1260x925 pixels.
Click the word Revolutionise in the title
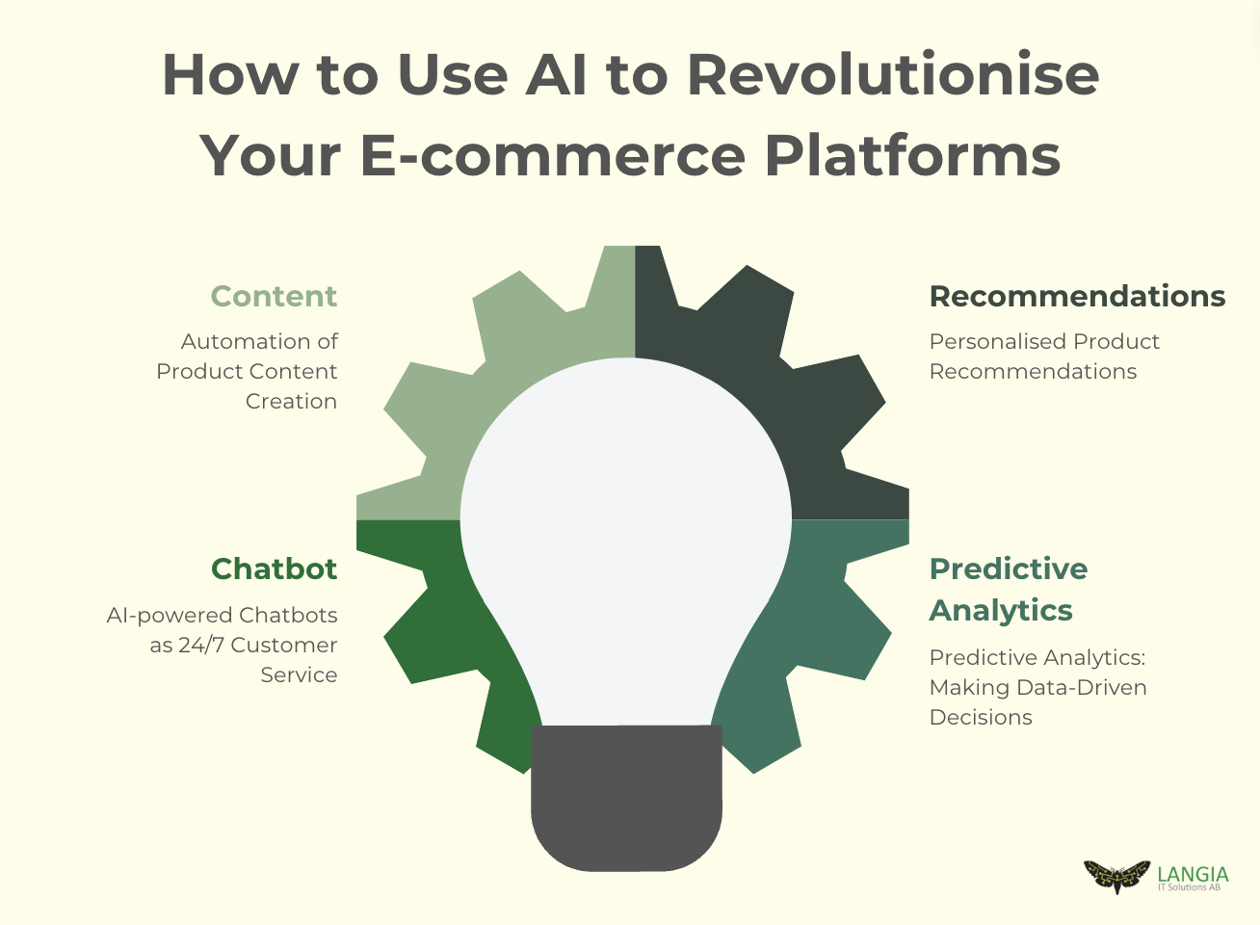click(893, 74)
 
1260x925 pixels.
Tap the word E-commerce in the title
click(553, 155)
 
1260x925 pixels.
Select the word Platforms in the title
click(912, 154)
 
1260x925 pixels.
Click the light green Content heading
click(274, 296)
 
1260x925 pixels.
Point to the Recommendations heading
click(1077, 296)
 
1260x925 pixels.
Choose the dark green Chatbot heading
click(274, 568)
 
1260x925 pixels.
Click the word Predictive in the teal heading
click(1009, 568)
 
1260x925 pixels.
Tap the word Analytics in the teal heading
click(1001, 611)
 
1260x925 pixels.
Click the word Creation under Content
click(291, 401)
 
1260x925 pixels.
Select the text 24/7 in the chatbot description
click(200, 645)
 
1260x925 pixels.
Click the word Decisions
click(981, 717)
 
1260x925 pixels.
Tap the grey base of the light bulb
click(626, 798)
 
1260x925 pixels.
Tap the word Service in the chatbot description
click(299, 674)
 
